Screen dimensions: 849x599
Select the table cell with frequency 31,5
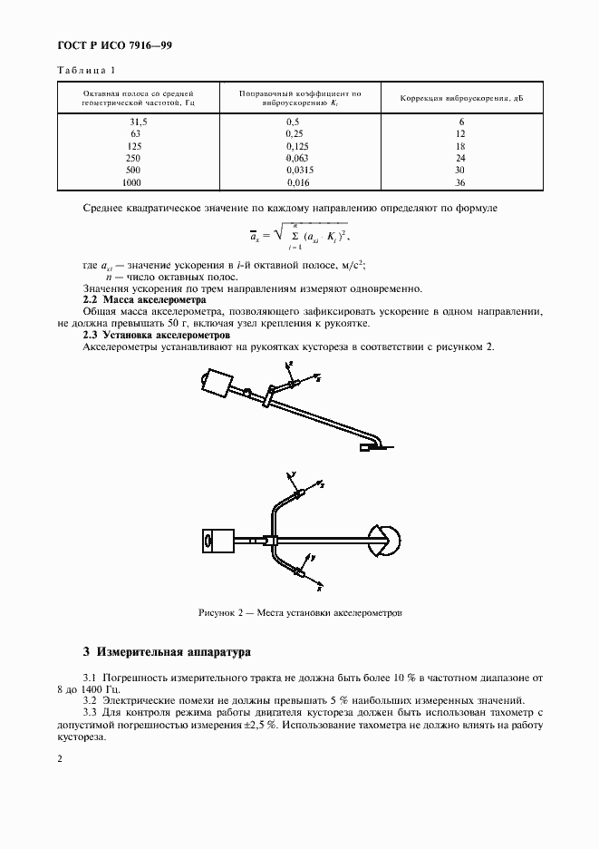click(x=139, y=121)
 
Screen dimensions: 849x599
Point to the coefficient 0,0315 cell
click(x=299, y=170)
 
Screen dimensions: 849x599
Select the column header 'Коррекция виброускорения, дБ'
click(x=460, y=98)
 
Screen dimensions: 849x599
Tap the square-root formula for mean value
click(x=299, y=239)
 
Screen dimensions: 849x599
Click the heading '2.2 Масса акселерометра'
click(x=145, y=299)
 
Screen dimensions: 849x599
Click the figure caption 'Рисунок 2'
click(x=299, y=613)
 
